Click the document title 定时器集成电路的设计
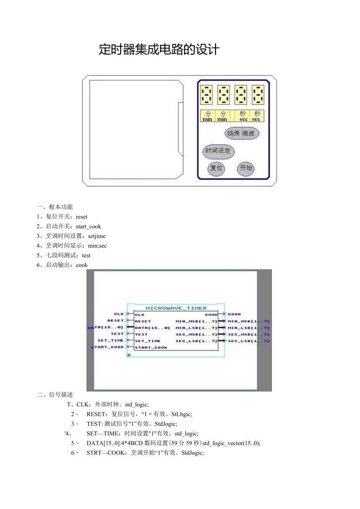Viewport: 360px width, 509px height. [159, 50]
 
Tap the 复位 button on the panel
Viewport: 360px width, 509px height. [216, 168]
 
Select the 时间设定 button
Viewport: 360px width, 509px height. [218, 151]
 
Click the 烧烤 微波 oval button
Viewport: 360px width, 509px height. [241, 133]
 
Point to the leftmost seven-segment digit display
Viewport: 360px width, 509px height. [207, 95]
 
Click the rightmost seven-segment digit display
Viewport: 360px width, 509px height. [258, 95]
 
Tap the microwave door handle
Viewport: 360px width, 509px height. [180, 129]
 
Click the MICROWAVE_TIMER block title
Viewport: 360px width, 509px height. [176, 308]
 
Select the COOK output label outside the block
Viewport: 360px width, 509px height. [234, 314]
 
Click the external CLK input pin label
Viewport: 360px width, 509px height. [119, 314]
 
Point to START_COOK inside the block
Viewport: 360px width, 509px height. [151, 347]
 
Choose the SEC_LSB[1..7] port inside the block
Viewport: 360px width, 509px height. [196, 341]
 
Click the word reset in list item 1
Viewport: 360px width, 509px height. [82, 217]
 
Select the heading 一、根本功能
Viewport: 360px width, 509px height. [55, 207]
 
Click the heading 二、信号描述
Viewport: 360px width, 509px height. [55, 395]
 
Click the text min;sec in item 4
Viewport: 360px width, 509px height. [97, 246]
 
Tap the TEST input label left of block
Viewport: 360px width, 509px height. [117, 334]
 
